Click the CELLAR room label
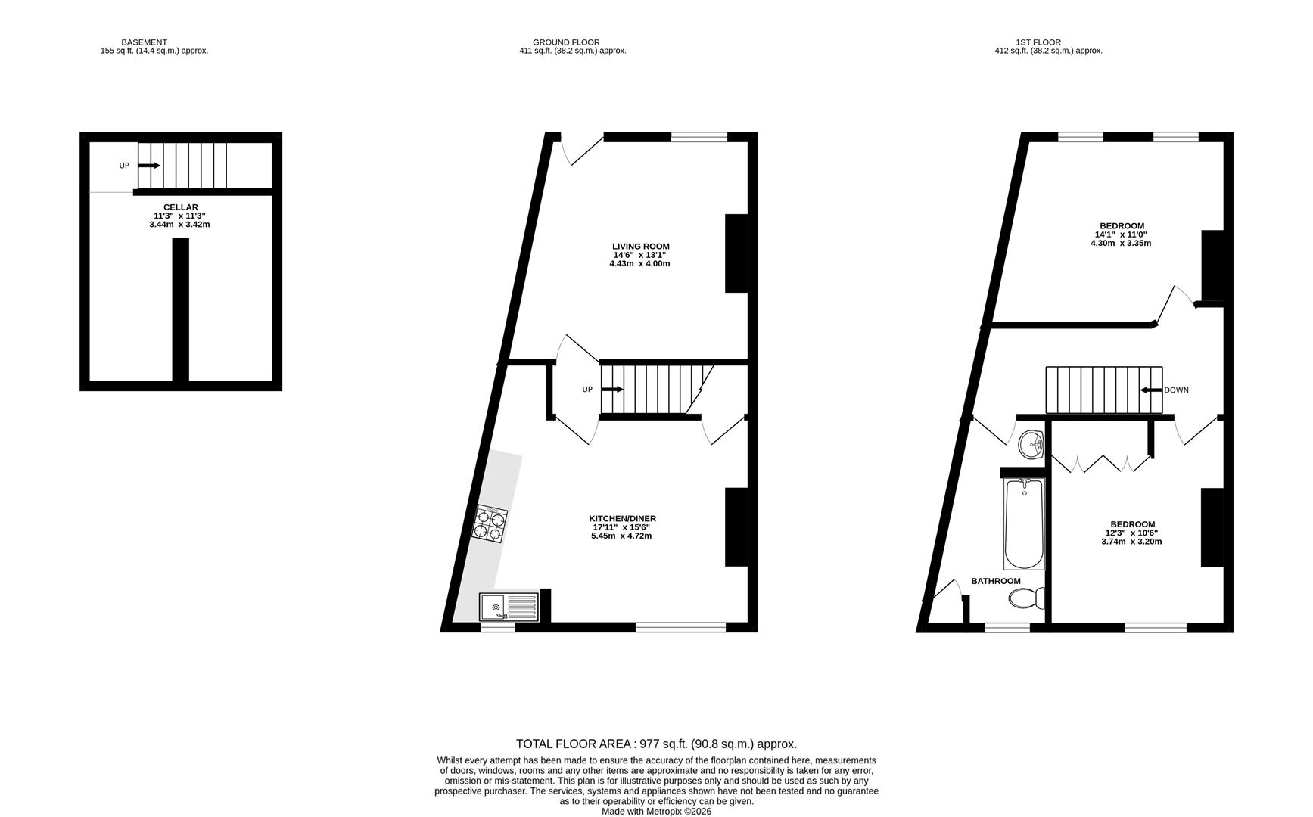[180, 207]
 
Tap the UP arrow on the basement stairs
[149, 166]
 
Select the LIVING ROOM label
[640, 247]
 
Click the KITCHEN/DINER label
[622, 519]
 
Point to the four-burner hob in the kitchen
[490, 523]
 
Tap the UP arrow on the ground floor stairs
[611, 390]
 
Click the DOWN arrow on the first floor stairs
[1151, 390]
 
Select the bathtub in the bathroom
[1023, 524]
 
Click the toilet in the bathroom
[1027, 598]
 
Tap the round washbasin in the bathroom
[1031, 445]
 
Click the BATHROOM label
[995, 581]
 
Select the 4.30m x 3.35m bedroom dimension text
[1120, 244]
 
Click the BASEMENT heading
[144, 42]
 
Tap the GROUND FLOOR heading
[566, 42]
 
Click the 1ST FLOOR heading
[1038, 42]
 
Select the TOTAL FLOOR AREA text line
[655, 744]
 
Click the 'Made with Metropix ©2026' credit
[656, 812]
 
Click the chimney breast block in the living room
[736, 253]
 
